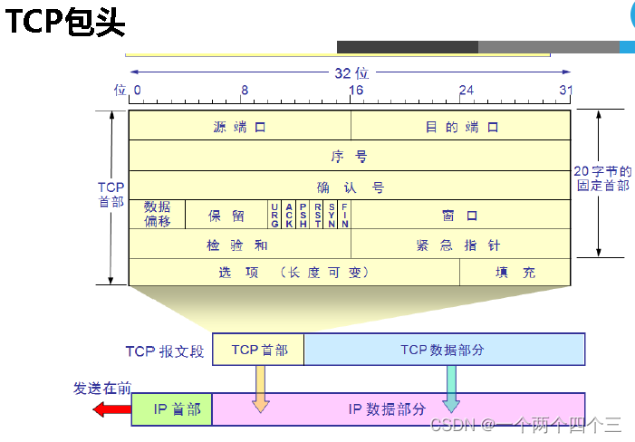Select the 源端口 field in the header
[239, 127]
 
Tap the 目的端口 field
[461, 127]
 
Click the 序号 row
[350, 156]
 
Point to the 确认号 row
[350, 187]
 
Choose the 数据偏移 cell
[157, 215]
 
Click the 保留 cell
[226, 215]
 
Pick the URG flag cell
[274, 215]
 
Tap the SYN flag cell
[332, 215]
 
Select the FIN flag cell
[345, 215]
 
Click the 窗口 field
[460, 215]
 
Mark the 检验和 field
[239, 245]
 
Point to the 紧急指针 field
[460, 245]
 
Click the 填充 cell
[515, 272]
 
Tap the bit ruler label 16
[356, 91]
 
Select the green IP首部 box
[172, 409]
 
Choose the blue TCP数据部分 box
[443, 350]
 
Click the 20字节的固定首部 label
[603, 178]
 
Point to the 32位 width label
[350, 72]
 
